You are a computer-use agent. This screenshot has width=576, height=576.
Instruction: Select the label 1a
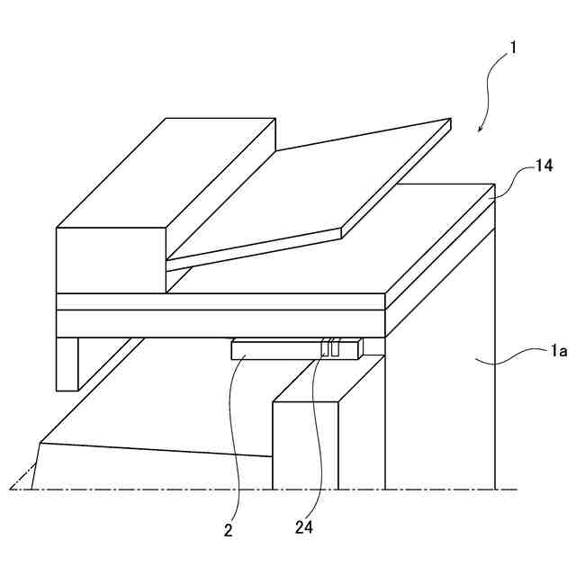tap(559, 353)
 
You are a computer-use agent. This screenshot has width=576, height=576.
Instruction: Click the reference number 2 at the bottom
tap(229, 531)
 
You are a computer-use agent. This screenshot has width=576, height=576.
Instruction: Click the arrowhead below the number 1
tap(480, 130)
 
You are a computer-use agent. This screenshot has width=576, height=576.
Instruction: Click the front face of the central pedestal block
tap(305, 445)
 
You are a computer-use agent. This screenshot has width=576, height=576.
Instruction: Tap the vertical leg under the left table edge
tap(67, 363)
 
